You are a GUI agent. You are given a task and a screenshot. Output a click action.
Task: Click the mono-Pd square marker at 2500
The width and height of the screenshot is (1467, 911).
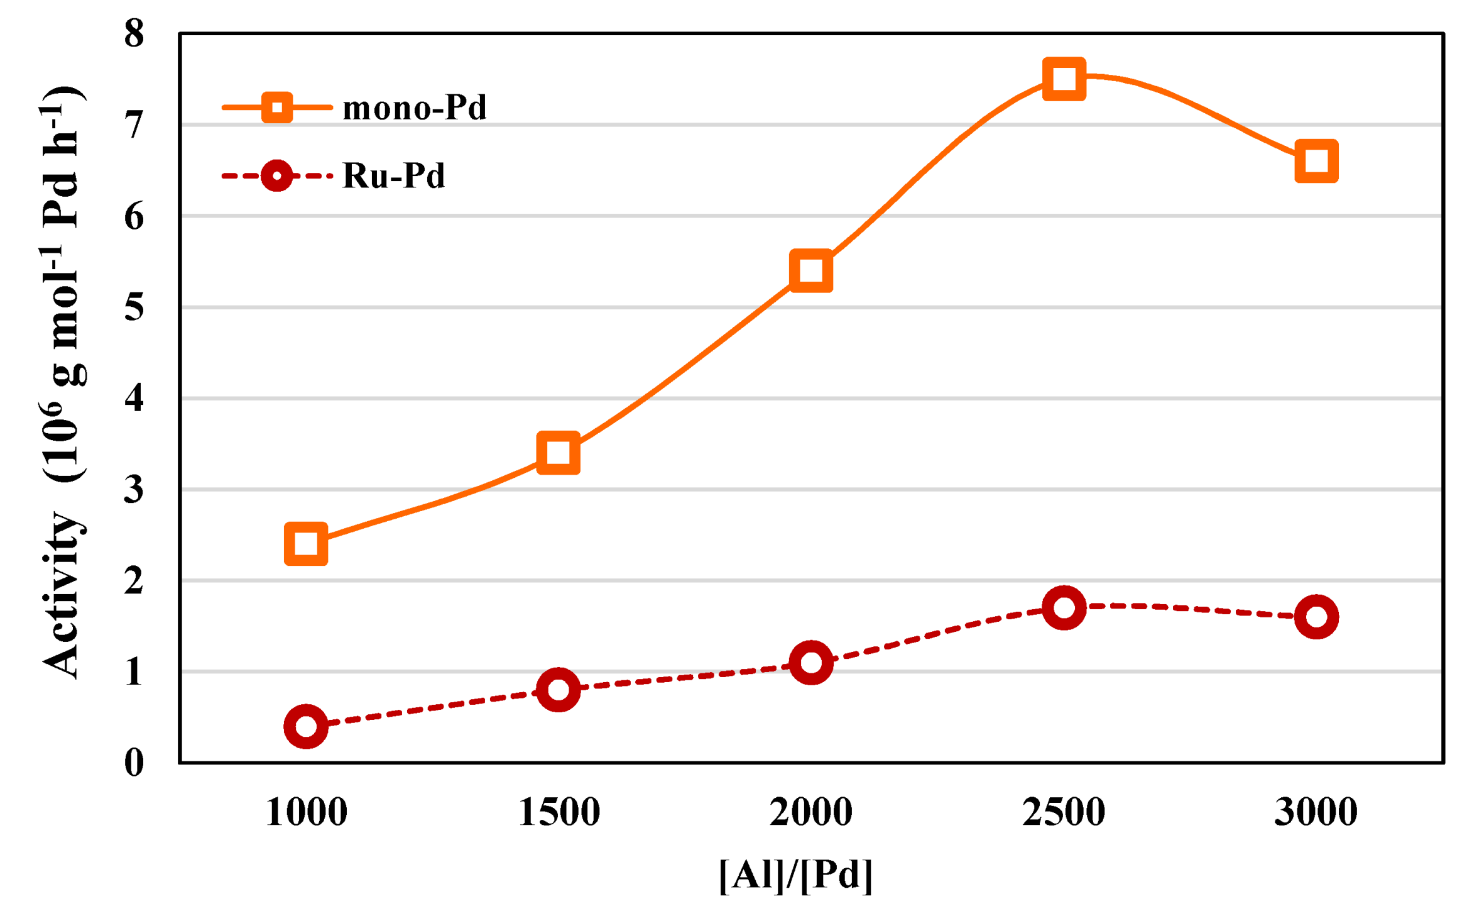tap(1064, 79)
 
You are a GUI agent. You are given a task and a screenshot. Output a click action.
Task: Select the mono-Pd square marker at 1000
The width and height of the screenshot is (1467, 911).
tap(306, 543)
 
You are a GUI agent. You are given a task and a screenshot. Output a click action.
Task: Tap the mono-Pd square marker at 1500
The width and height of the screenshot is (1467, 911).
tap(559, 452)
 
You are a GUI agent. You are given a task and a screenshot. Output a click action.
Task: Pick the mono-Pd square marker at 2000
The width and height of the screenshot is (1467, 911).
tap(811, 270)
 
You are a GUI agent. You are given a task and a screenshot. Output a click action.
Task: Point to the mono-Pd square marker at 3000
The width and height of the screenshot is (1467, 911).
tap(1316, 162)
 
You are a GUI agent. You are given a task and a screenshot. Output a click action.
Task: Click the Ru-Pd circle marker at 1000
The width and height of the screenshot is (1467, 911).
tap(306, 726)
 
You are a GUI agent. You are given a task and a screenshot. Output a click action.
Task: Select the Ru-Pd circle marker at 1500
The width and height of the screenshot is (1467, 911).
tap(559, 690)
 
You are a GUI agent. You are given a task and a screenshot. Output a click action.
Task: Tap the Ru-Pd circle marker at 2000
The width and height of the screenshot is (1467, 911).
tap(811, 662)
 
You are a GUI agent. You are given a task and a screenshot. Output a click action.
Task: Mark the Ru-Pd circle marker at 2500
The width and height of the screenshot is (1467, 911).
tap(1064, 607)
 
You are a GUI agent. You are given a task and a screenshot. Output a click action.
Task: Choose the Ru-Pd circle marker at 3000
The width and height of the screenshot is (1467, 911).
tap(1316, 617)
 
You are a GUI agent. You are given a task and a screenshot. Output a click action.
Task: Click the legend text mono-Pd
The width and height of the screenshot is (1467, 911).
tap(415, 108)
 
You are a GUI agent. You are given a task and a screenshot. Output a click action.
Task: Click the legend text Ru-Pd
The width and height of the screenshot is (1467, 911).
tap(394, 175)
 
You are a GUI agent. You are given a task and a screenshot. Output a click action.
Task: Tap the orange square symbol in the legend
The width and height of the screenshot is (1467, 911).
tap(277, 108)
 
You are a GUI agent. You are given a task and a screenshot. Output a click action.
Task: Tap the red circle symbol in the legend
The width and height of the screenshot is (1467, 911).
tap(277, 175)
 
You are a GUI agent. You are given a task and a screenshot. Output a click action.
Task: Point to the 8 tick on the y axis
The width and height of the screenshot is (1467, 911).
tap(134, 34)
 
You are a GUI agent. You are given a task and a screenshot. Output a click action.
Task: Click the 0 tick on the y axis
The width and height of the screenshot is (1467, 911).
tap(134, 763)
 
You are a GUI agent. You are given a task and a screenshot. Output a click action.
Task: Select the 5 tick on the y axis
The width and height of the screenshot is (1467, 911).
tap(134, 307)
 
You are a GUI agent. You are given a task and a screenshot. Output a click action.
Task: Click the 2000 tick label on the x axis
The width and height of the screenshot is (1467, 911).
tap(811, 812)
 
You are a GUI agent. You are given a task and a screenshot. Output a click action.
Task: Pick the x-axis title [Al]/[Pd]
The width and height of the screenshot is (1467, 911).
tap(795, 875)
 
